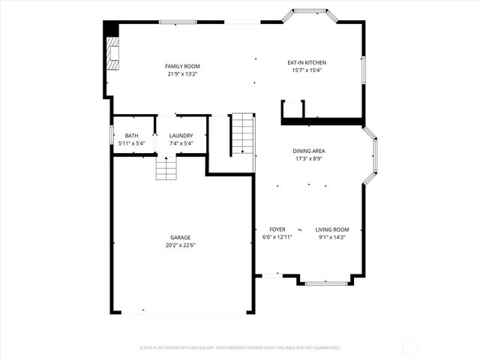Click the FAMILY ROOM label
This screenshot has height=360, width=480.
[x=182, y=66]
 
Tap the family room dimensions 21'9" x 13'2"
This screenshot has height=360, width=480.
[x=182, y=73]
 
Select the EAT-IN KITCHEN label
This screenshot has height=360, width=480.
[x=307, y=62]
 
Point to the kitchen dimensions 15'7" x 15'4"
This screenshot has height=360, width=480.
[x=307, y=70]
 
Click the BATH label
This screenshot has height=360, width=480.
[x=131, y=136]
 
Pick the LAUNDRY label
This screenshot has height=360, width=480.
[x=181, y=136]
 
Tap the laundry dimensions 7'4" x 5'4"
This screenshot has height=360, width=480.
[x=181, y=143]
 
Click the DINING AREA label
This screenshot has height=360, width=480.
[x=308, y=151]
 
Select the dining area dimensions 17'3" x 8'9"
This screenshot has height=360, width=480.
[x=308, y=158]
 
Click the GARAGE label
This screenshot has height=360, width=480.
[x=180, y=237]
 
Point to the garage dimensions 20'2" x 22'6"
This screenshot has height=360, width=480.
[x=180, y=244]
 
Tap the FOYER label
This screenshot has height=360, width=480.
[x=277, y=229]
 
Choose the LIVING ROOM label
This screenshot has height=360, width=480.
[x=331, y=229]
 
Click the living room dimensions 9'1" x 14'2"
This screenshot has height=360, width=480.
[x=331, y=237]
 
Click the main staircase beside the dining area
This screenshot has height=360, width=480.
[x=242, y=133]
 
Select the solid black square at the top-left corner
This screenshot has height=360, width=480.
[x=110, y=27]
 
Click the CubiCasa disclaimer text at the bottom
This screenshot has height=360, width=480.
[x=240, y=347]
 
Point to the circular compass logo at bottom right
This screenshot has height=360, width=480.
[x=410, y=347]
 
